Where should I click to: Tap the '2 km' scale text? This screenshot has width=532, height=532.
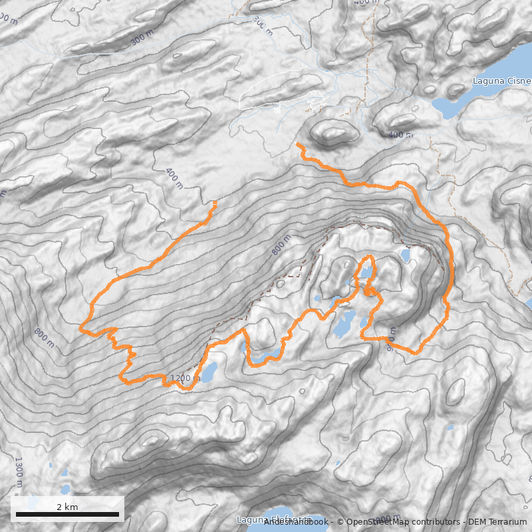67,507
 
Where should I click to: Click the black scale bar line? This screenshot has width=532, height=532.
67,515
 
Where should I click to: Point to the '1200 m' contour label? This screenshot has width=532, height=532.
185,378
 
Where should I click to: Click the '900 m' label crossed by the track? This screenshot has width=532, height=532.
392,336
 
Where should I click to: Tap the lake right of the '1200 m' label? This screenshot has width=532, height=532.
207,372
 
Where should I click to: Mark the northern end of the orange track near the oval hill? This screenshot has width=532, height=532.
298,144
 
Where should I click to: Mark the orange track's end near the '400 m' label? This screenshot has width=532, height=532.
215,201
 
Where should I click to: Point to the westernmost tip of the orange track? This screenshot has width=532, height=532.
80,329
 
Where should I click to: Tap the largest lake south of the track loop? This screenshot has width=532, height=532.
343,325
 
